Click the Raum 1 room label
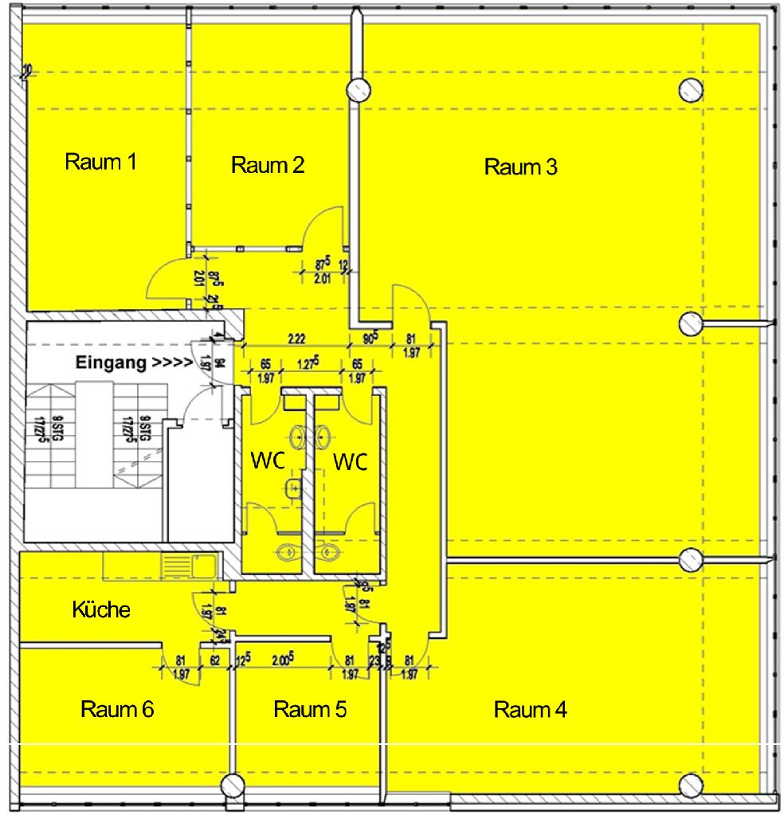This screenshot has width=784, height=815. pos(100,162)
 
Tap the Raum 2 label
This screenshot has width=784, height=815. pos(268,166)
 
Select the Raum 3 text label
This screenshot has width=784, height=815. pos(520,167)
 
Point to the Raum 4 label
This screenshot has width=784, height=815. pos(530,710)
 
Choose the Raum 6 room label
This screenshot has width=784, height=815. pos(117,709)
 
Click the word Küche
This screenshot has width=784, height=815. pos(101,610)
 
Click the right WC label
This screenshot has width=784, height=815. pos(351,461)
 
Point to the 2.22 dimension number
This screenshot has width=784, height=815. pos(296,339)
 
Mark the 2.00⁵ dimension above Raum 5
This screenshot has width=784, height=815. pos(284,660)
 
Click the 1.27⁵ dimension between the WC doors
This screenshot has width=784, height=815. pos(308,364)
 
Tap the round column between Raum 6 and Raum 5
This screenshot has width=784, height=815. pos(232,785)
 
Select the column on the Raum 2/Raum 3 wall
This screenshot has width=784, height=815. pos(356,89)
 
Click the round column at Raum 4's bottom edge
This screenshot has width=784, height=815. pos(691,784)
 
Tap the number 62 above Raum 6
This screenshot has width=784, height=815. pos(215,660)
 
